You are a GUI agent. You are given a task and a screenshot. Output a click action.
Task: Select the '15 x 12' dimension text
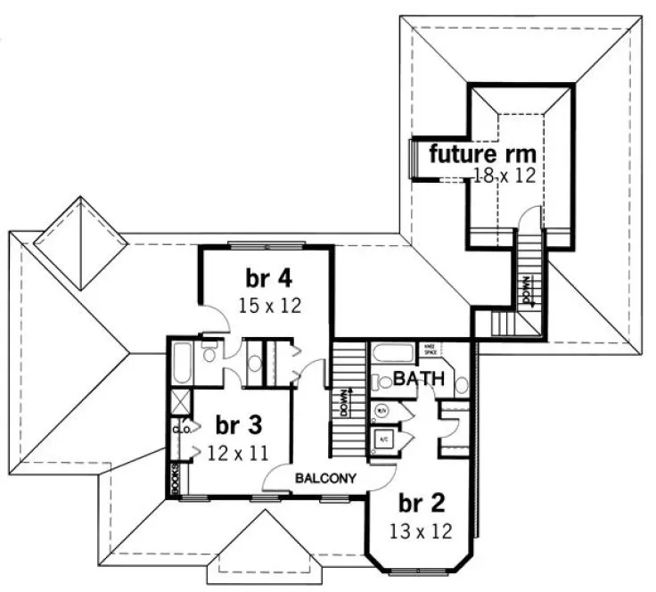click(270, 305)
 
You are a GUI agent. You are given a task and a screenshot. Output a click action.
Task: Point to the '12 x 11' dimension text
click(237, 451)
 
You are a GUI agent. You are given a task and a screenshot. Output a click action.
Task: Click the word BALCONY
click(326, 479)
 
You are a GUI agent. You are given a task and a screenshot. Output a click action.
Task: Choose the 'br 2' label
click(422, 502)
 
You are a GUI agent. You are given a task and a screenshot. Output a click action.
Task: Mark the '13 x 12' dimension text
click(422, 532)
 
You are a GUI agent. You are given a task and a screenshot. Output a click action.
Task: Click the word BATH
click(420, 379)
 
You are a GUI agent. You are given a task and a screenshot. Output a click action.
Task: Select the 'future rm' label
click(482, 152)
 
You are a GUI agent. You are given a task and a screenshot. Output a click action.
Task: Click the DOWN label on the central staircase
click(343, 403)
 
